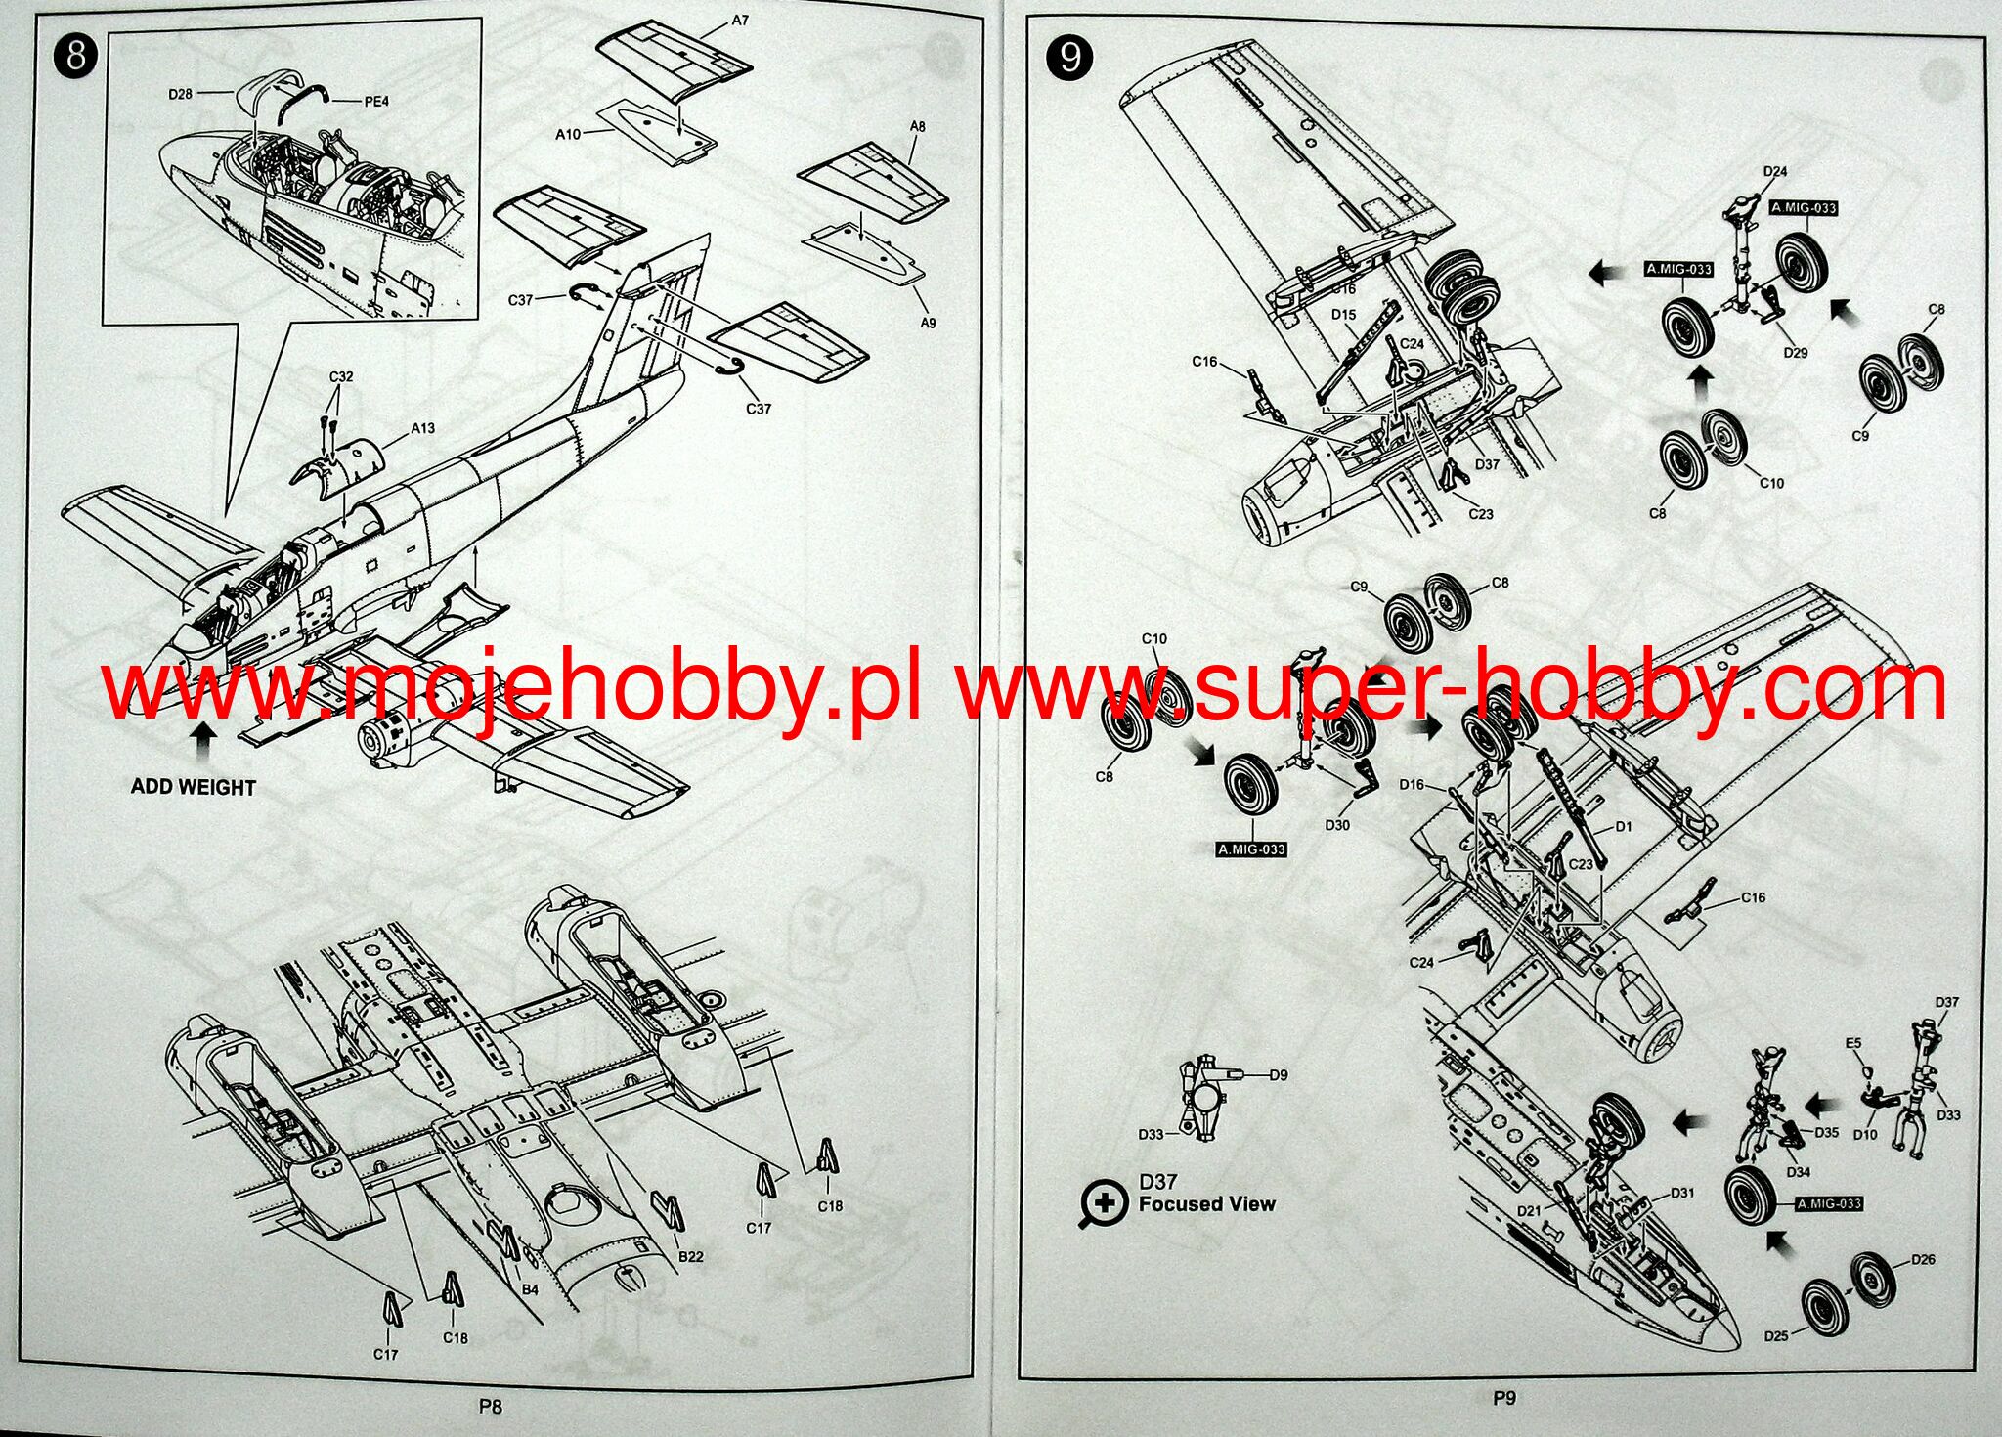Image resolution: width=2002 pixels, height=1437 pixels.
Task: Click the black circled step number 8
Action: pos(75,55)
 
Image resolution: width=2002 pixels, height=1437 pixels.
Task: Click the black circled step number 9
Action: pos(1069,58)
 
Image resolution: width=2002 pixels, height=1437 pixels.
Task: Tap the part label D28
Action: pos(180,94)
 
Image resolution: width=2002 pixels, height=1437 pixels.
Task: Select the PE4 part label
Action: pos(376,100)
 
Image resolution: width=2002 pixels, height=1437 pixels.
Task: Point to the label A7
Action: pos(739,20)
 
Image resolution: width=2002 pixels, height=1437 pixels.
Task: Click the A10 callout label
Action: pos(568,134)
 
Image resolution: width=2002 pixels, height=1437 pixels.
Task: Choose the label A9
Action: pos(927,322)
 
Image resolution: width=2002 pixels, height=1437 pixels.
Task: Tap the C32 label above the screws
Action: pos(340,376)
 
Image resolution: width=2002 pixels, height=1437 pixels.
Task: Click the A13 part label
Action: pos(422,428)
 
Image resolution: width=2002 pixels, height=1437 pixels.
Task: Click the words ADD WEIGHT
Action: pos(194,787)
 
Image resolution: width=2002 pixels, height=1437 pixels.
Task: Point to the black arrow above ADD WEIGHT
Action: pos(203,740)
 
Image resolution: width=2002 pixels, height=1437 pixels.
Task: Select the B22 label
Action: pos(691,1256)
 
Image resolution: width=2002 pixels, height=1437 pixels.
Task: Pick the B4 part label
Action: pos(529,1289)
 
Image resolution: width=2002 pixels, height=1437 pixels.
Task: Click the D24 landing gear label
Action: pos(1774,171)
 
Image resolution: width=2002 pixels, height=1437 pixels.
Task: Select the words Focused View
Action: pos(1206,1204)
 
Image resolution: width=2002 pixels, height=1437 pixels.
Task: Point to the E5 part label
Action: pos(1852,1043)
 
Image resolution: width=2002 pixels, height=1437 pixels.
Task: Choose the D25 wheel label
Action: pos(1776,1335)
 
